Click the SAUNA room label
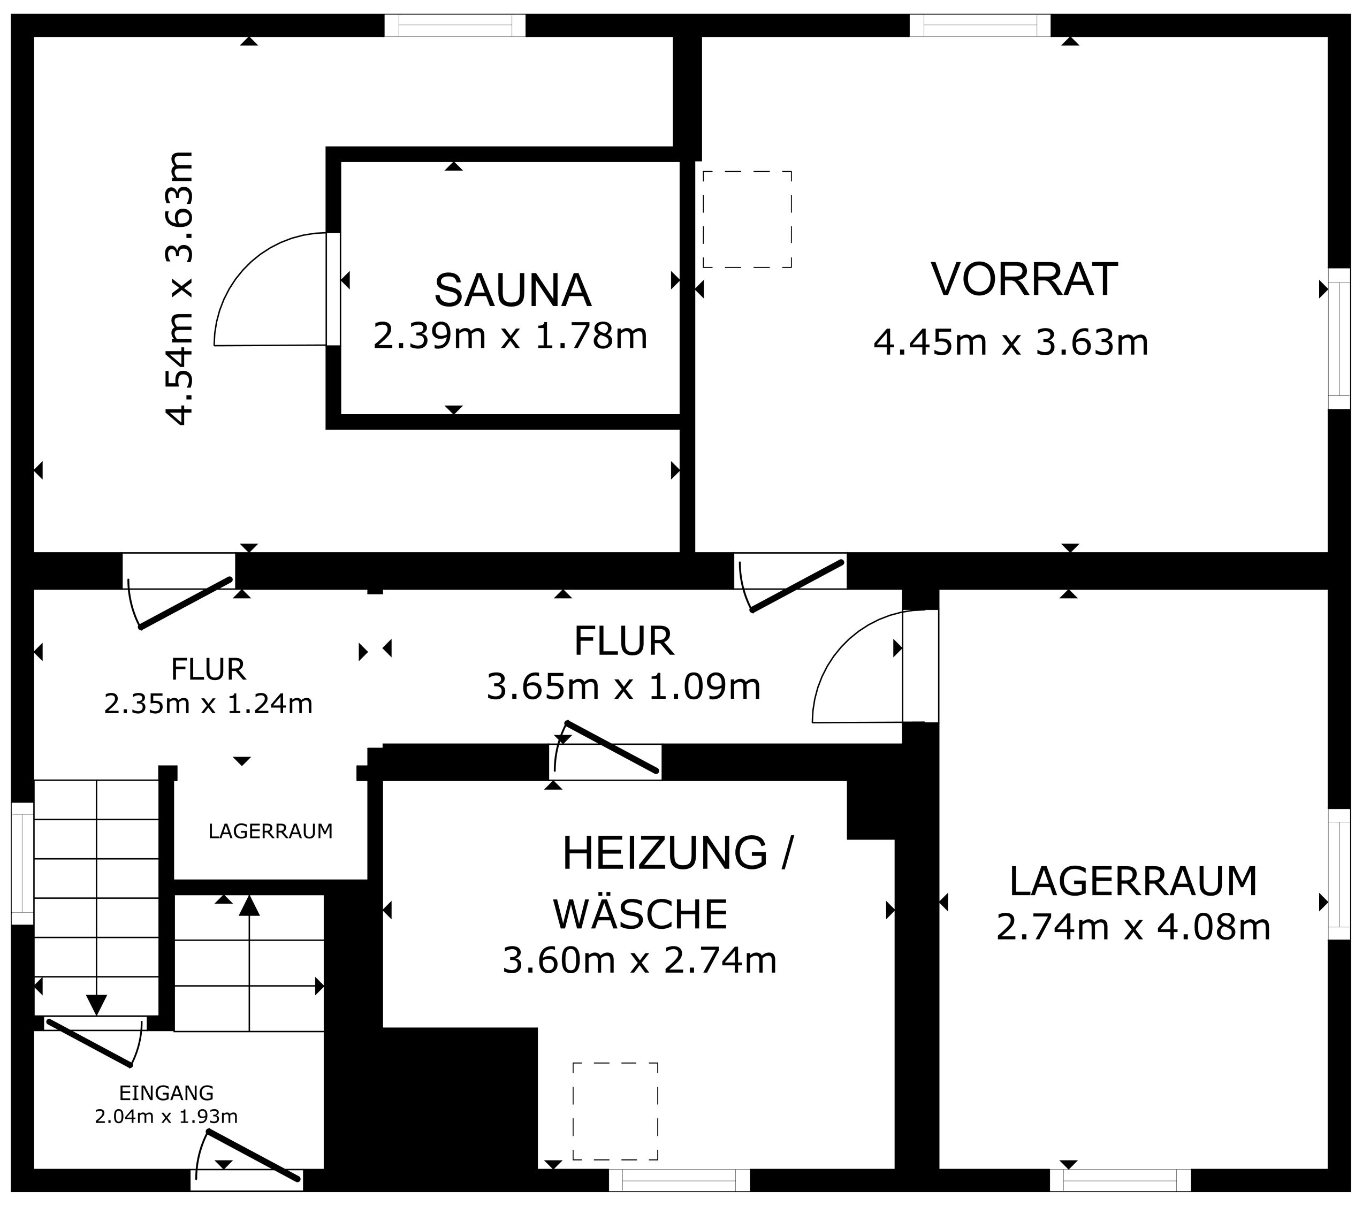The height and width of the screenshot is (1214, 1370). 513,290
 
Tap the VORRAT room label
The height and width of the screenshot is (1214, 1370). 1025,279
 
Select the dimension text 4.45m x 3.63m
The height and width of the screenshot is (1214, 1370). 1011,342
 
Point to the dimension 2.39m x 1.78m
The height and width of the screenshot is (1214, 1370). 510,335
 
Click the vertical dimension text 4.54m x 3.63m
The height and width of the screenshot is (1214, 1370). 180,288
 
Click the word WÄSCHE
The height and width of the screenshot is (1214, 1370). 641,913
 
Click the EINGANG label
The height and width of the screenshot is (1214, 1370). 166,1094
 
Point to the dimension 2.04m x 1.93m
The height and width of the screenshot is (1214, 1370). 166,1117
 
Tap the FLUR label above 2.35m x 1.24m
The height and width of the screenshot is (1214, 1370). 209,669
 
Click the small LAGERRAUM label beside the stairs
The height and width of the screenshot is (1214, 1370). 270,831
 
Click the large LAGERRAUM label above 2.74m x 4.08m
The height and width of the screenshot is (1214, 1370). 1133,882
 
